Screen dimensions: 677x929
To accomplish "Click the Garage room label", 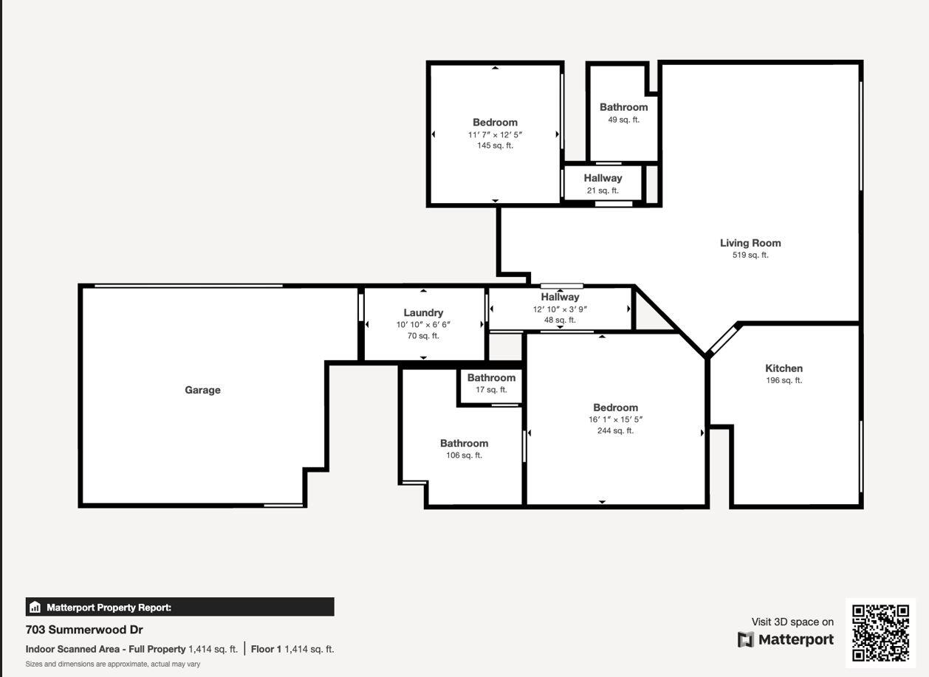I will click(202, 390).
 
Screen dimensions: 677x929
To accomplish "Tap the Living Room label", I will click(750, 243).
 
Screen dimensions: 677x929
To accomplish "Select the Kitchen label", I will click(784, 368).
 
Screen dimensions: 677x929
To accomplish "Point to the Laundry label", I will click(423, 312).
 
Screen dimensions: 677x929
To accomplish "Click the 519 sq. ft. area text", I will click(750, 255).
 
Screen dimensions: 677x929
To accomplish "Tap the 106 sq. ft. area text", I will click(464, 456).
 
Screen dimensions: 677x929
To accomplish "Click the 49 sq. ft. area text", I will click(623, 120).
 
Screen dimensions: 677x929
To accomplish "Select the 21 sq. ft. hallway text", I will click(603, 190).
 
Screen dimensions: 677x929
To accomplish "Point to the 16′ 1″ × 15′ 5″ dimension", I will click(615, 419).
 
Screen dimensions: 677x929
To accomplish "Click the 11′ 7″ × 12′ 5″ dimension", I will click(495, 134).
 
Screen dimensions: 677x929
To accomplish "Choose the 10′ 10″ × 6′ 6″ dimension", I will click(423, 325).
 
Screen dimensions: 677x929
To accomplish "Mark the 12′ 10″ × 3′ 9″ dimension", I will click(560, 309).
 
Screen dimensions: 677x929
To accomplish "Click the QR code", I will click(880, 633).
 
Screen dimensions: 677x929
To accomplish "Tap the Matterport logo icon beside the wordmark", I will click(746, 639).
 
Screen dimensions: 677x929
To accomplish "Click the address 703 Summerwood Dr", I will click(84, 630).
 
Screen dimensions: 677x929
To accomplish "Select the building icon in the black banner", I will click(35, 608).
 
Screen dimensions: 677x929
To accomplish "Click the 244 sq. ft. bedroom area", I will click(615, 431).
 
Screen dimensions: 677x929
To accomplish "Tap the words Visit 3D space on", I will click(792, 622).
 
